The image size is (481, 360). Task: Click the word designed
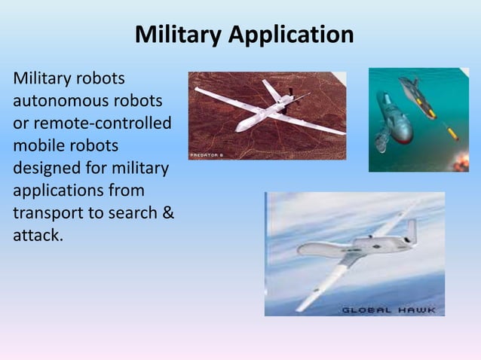[46, 166]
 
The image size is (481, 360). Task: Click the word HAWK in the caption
[418, 310]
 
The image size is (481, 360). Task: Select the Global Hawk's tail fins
[409, 230]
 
